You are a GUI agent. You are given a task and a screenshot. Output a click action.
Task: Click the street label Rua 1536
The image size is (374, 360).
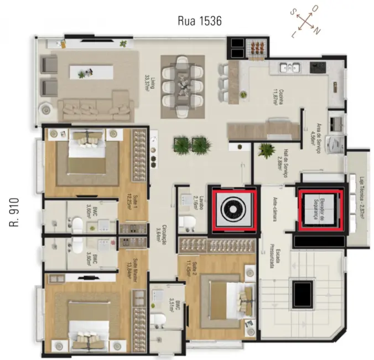199,22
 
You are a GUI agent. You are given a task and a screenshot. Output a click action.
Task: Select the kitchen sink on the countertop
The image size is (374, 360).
289,68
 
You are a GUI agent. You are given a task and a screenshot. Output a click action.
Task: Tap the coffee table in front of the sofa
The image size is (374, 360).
91,72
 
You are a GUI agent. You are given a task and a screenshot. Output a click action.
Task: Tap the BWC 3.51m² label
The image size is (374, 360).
171,300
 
